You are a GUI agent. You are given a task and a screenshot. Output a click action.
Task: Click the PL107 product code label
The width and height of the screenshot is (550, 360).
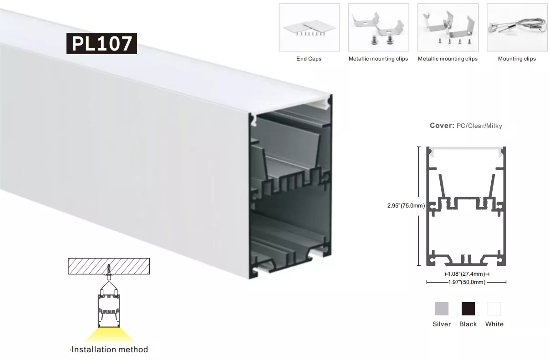[x=102, y=43]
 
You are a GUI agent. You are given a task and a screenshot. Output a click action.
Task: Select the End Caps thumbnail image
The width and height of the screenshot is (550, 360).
[x=309, y=27]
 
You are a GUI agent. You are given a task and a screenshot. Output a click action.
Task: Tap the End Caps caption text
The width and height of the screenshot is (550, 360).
[x=309, y=59]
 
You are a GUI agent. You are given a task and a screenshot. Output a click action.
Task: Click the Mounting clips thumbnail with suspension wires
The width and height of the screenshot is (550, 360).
[x=517, y=27]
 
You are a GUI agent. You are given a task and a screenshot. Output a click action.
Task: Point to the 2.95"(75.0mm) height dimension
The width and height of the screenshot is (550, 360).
[x=406, y=206]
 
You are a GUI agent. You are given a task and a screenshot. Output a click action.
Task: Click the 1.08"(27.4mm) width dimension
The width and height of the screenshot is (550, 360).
[x=467, y=274]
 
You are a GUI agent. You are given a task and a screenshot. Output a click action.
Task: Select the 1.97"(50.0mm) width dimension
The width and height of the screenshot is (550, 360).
[x=467, y=282]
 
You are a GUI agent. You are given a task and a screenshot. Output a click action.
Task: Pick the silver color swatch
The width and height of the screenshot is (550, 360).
[x=442, y=309]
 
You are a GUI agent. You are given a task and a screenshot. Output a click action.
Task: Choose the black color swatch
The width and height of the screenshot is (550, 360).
[x=468, y=309]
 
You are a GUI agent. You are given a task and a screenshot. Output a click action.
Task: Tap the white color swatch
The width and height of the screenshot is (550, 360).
[x=494, y=309]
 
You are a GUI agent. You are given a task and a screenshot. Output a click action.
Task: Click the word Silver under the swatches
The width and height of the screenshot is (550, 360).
[x=442, y=324]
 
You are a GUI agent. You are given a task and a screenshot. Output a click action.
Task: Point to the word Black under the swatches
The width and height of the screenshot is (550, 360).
[x=468, y=324]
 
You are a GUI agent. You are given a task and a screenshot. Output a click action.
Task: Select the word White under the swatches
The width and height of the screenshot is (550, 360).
[x=494, y=324]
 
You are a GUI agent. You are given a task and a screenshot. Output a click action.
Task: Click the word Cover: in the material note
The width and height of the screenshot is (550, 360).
[x=442, y=126]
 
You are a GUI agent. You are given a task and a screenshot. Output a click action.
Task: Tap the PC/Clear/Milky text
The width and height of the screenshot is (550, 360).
[x=479, y=126]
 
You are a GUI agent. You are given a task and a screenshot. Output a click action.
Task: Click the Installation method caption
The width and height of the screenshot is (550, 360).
[x=109, y=350]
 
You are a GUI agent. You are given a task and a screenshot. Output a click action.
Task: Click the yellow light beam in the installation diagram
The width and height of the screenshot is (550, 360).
[x=110, y=335]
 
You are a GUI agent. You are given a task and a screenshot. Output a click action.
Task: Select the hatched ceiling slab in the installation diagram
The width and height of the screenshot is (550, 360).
[x=109, y=266]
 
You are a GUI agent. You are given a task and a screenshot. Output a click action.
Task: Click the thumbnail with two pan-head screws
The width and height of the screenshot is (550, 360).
[x=379, y=27]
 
